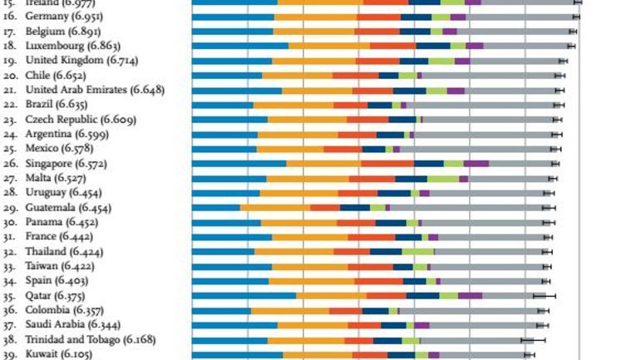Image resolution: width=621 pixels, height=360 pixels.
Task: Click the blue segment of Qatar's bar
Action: pyautogui.click(x=244, y=295)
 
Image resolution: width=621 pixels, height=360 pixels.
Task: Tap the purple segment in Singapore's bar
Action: pyautogui.click(x=476, y=164)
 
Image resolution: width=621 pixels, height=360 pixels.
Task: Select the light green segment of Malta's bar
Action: pyautogui.click(x=443, y=178)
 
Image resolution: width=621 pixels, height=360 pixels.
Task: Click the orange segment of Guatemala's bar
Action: pyautogui.click(x=275, y=207)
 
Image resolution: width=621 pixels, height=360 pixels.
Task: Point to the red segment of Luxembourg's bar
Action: pyautogui.click(x=392, y=46)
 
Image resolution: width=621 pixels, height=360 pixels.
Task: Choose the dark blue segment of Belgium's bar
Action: pyautogui.click(x=415, y=31)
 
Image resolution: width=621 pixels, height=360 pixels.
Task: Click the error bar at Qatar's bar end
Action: pyautogui.click(x=545, y=295)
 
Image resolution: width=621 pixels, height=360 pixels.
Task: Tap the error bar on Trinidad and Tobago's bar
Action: pyautogui.click(x=533, y=339)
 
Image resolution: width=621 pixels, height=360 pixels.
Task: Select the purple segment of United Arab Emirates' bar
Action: pyautogui.click(x=456, y=90)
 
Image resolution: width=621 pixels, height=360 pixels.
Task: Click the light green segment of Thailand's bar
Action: pyautogui.click(x=417, y=251)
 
